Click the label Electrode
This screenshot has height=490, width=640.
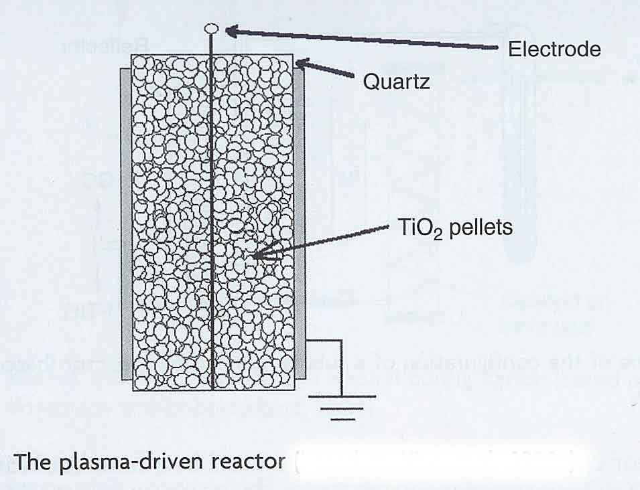click(554, 49)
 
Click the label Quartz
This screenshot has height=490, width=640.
click(395, 82)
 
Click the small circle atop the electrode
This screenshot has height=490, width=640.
click(212, 28)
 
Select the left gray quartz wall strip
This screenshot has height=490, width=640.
click(125, 221)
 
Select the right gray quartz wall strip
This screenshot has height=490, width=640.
click(300, 221)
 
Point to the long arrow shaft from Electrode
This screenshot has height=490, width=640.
click(369, 39)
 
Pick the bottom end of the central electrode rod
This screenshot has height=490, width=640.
click(212, 388)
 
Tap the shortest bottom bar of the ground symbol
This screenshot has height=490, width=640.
click(342, 419)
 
